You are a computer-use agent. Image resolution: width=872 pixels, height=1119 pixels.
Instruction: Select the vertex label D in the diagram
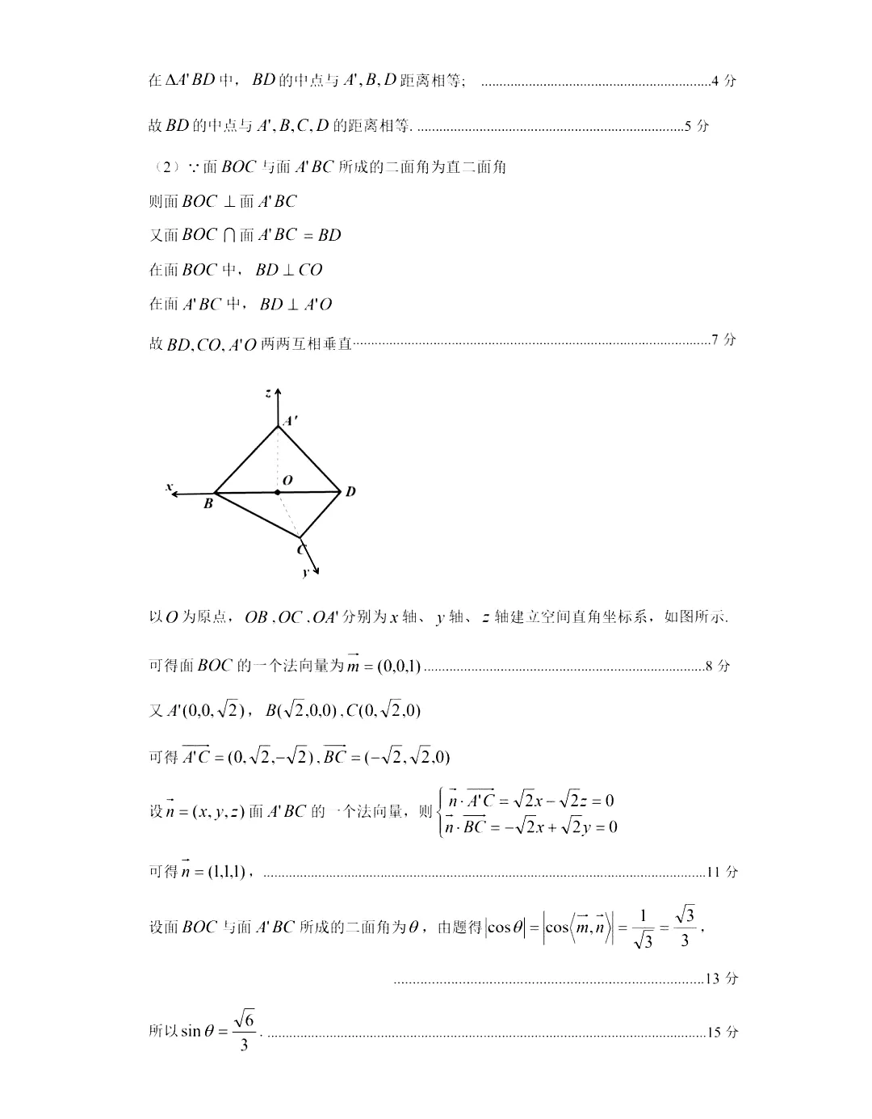pyautogui.click(x=350, y=491)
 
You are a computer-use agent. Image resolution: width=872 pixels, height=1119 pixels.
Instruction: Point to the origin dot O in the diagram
pyautogui.click(x=278, y=491)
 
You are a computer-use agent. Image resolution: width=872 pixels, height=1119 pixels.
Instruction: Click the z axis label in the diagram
pyautogui.click(x=267, y=393)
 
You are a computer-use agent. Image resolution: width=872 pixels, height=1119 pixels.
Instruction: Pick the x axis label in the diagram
pyautogui.click(x=169, y=486)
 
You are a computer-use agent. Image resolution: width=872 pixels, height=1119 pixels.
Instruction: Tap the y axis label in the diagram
pyautogui.click(x=305, y=572)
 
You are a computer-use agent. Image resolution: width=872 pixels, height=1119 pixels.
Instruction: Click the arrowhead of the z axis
pyautogui.click(x=278, y=392)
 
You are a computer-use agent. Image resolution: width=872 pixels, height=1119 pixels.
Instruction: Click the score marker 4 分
pyautogui.click(x=724, y=81)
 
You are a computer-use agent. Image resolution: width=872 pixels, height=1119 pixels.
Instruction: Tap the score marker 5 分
pyautogui.click(x=697, y=125)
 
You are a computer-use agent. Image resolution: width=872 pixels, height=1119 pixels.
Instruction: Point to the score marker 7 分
pyautogui.click(x=724, y=339)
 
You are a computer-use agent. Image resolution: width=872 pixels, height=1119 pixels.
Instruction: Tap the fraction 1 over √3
pyautogui.click(x=643, y=928)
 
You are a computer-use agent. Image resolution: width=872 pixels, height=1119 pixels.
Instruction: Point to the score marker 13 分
pyautogui.click(x=722, y=978)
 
